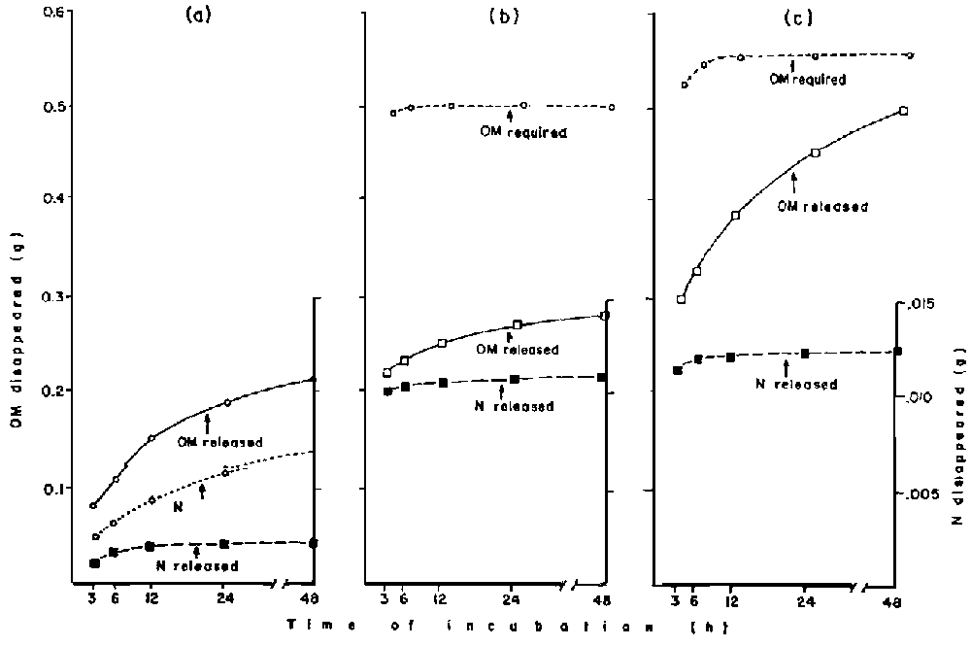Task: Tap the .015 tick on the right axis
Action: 920,305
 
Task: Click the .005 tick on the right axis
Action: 920,494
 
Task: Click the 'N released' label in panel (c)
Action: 796,384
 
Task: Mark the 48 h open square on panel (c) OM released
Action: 904,111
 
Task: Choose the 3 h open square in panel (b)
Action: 386,373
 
